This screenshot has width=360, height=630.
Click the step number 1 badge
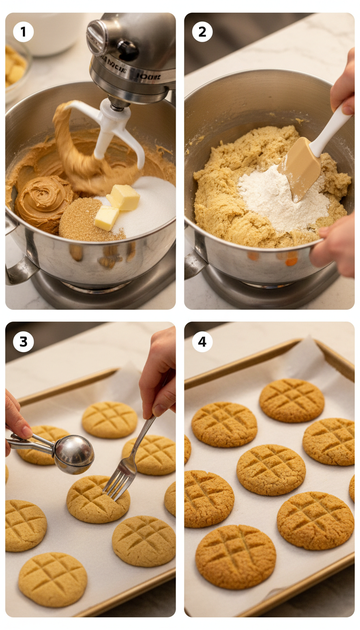[x=23, y=32]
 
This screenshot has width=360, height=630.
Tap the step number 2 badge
[x=202, y=32]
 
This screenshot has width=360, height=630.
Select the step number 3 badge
[x=23, y=342]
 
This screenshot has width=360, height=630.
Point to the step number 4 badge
[x=202, y=342]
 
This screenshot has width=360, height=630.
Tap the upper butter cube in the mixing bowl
[x=124, y=197]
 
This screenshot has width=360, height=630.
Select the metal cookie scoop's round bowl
[x=74, y=454]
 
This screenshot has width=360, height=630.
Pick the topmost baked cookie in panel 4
[x=292, y=400]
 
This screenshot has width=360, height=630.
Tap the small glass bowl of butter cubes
[x=16, y=70]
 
